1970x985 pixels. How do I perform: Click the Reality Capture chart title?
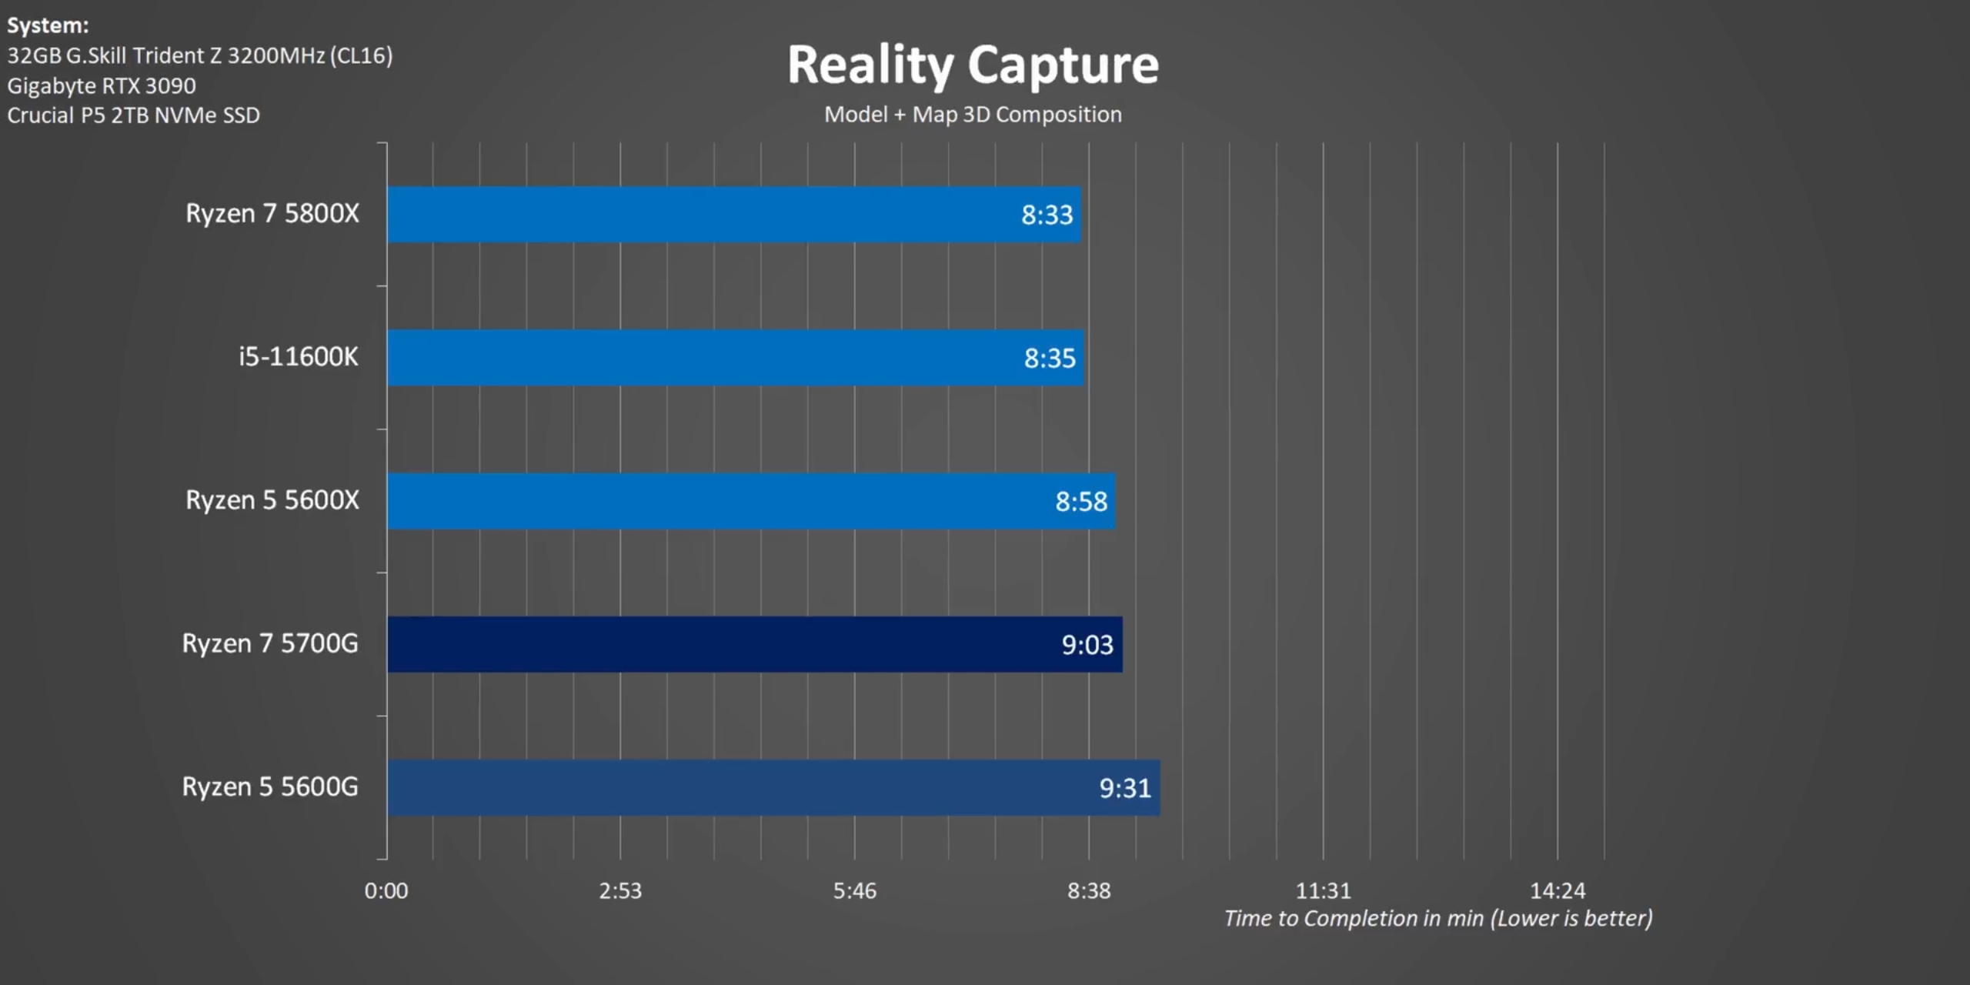click(x=973, y=65)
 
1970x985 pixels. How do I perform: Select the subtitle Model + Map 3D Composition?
click(x=973, y=115)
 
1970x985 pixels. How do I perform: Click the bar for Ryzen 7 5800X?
click(x=693, y=214)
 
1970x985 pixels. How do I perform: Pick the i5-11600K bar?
click(x=693, y=358)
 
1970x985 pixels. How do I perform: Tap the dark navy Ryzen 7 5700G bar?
click(x=693, y=644)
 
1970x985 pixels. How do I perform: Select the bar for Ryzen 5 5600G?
click(x=693, y=787)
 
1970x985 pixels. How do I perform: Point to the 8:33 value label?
click(x=1047, y=215)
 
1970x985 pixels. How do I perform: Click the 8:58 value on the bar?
click(x=1080, y=502)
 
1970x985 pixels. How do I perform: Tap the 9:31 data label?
click(x=1124, y=788)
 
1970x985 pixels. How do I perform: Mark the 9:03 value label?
click(x=1087, y=645)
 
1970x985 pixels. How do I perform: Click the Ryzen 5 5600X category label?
click(x=272, y=500)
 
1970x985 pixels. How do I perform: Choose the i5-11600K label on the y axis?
click(x=298, y=357)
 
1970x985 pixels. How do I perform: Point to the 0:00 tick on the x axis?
click(x=386, y=890)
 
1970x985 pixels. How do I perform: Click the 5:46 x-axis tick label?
click(x=854, y=890)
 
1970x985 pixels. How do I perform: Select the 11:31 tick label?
click(x=1323, y=890)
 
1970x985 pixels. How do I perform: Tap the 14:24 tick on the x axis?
click(x=1558, y=890)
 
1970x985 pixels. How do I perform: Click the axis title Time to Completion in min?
click(x=1437, y=918)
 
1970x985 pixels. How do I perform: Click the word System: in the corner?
click(x=48, y=25)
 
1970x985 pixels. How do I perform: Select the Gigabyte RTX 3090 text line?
click(x=102, y=85)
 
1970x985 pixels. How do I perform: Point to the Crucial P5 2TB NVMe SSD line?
click(x=133, y=115)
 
